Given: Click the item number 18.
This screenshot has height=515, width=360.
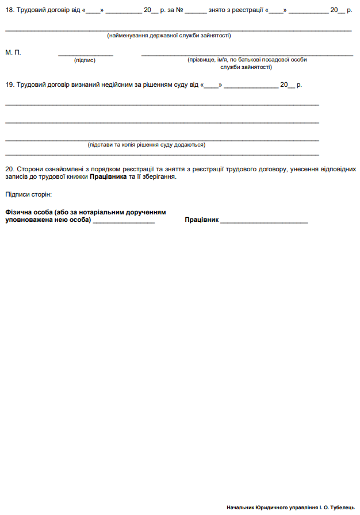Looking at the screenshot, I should [x=9, y=10].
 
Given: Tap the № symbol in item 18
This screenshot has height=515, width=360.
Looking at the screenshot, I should [x=179, y=10].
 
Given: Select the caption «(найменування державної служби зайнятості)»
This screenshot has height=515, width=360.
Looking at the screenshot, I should [x=169, y=36].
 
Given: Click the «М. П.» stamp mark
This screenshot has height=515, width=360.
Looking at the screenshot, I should [x=13, y=52].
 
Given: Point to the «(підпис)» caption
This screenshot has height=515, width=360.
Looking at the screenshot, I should [x=85, y=60].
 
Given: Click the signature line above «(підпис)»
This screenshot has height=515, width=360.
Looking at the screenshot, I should [x=85, y=55].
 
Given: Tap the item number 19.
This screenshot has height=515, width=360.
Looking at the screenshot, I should [x=9, y=84].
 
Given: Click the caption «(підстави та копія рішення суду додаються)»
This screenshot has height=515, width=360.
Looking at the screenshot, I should [x=147, y=145].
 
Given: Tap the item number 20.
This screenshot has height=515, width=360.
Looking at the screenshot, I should [x=9, y=170].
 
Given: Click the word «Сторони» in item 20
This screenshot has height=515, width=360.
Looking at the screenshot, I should [x=29, y=170].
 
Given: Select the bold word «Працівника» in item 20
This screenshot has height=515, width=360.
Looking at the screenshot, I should [x=108, y=177].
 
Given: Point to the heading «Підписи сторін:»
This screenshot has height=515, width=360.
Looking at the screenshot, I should [x=28, y=195].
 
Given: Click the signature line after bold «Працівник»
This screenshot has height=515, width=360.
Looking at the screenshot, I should [x=264, y=221].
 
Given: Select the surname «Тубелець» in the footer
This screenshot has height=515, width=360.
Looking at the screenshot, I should [x=343, y=508].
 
